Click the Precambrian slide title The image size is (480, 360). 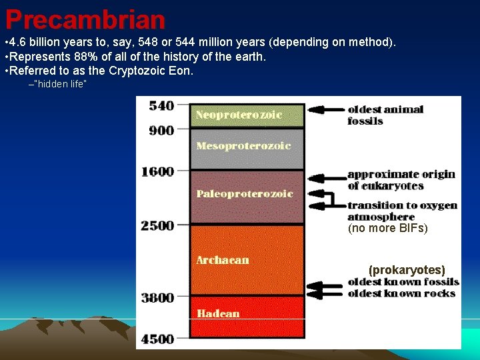[85, 19]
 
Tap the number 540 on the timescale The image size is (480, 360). [161, 105]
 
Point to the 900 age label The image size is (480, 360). [161, 131]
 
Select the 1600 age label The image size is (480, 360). [157, 171]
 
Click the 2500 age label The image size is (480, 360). [157, 225]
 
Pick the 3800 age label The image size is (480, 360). [157, 297]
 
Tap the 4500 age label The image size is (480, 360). [157, 339]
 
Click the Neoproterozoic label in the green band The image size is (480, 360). [239, 115]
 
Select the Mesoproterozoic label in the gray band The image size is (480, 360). [243, 145]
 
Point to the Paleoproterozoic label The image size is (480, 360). [245, 194]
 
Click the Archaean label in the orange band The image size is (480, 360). [223, 260]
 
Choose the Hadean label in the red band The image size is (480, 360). [218, 313]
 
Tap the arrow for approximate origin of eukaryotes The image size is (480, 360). [327, 178]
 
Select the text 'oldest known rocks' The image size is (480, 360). [401, 293]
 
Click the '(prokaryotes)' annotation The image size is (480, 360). [407, 270]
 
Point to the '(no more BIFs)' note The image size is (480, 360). [387, 229]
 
